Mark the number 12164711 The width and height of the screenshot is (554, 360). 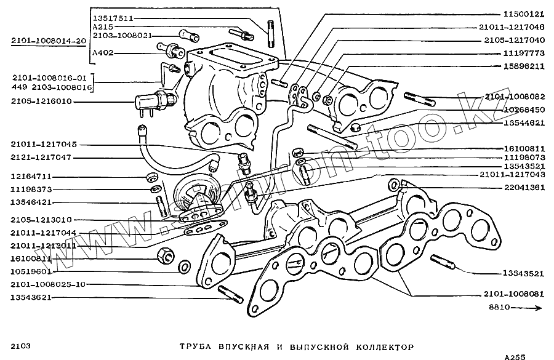pos(30,177)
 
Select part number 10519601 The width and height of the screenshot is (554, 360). pos(30,270)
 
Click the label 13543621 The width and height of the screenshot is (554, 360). pos(30,297)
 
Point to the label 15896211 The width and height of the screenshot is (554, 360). pos(523,66)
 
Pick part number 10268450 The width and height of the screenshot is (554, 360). pos(523,110)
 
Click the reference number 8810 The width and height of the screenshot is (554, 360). pos(500,306)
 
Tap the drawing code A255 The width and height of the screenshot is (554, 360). pos(515,356)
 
